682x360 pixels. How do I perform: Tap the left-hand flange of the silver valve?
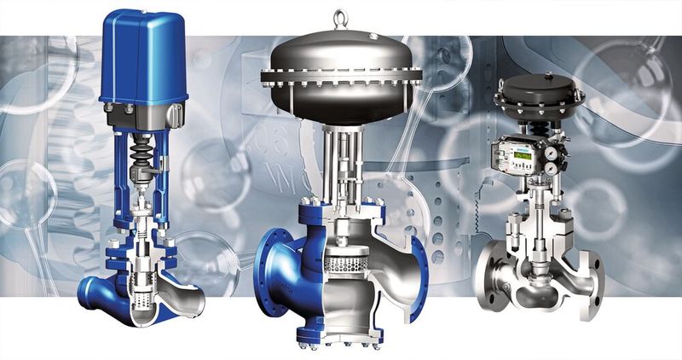489,273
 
